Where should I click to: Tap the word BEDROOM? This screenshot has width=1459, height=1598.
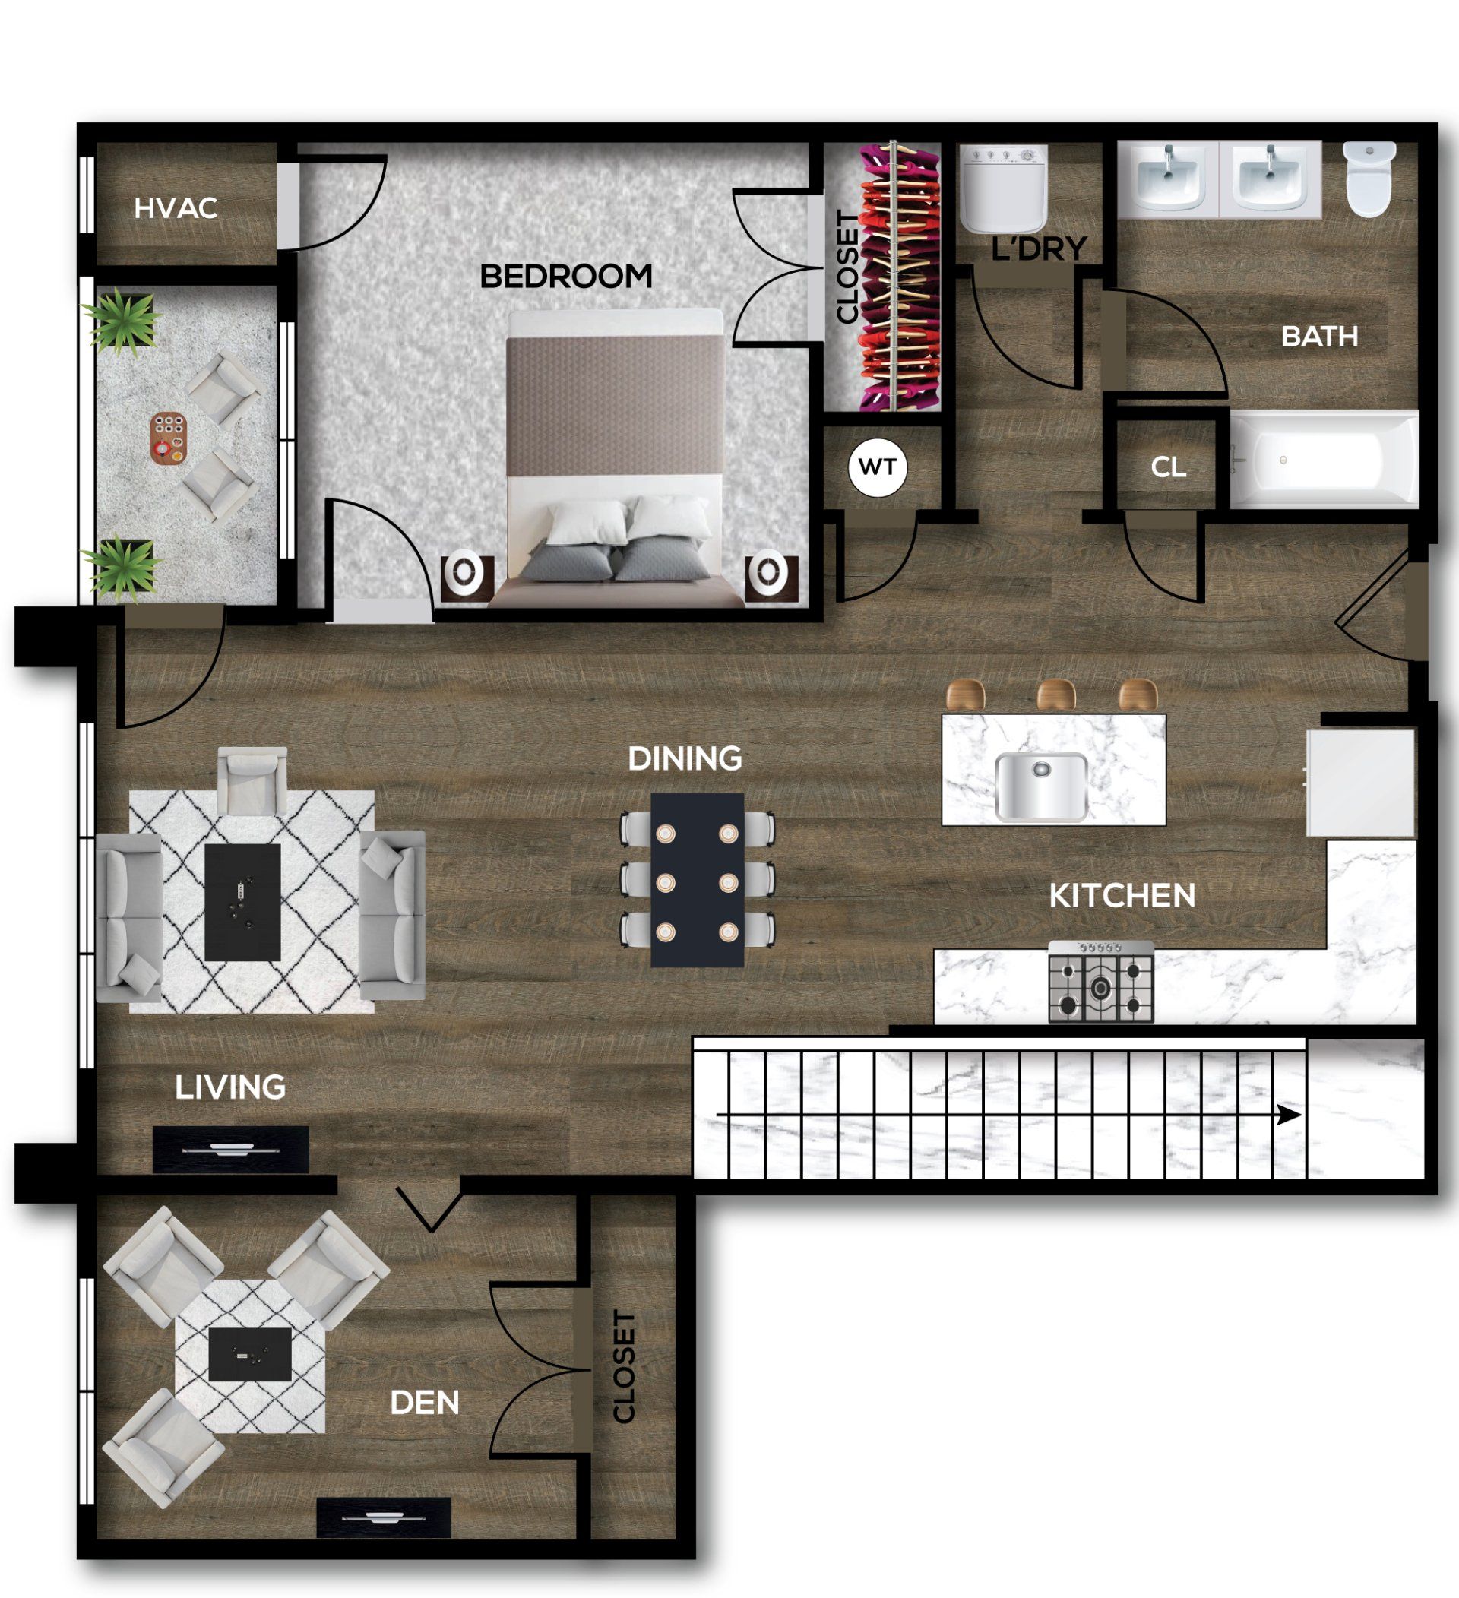pos(566,277)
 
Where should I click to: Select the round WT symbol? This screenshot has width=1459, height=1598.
pos(878,467)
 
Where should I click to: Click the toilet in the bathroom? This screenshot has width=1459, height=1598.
pos(1370,179)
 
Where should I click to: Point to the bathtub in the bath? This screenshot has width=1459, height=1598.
pos(1324,460)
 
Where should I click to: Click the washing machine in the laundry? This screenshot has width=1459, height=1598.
pos(1004,189)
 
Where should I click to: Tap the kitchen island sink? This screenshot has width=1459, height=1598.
pos(1041,786)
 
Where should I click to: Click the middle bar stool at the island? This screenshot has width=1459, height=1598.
pos(1056,695)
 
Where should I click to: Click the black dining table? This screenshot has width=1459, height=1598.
pos(698,880)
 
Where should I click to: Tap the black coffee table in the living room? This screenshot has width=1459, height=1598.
pos(242,902)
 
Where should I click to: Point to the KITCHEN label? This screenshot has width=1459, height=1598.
pos(1122,896)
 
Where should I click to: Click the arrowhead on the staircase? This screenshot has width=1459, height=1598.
pos(1290,1115)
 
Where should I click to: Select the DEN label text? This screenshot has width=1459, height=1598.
pos(425,1403)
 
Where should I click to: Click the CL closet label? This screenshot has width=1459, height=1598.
pos(1168,467)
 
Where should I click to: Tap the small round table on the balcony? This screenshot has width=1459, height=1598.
pos(169,437)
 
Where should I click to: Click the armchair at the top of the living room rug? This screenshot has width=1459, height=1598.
pos(252,781)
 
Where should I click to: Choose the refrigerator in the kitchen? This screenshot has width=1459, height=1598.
pos(1361,783)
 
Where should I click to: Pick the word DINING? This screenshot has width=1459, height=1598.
pos(685,758)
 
